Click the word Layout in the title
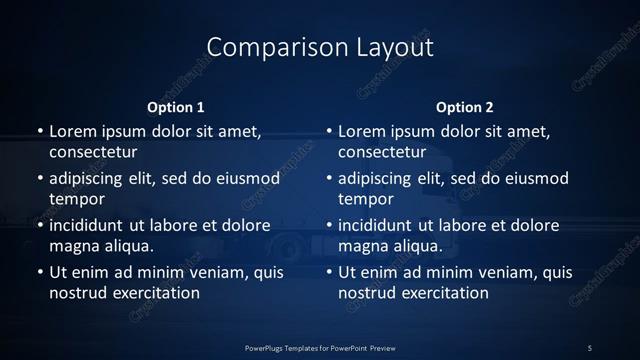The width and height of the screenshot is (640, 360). (392, 47)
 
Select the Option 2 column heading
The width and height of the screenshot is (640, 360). (465, 107)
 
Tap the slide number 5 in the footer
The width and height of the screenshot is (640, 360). (590, 347)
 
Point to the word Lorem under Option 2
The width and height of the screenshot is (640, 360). (363, 131)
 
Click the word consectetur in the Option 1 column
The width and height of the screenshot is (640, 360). (93, 153)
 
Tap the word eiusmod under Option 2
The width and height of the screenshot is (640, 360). (536, 178)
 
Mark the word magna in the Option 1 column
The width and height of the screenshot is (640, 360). (72, 246)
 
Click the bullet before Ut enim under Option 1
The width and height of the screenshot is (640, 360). (38, 272)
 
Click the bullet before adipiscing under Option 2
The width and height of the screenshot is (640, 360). (328, 178)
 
